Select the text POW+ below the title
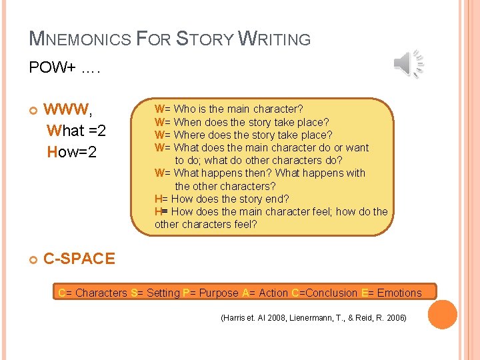pos(53,68)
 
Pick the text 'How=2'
pos(72,153)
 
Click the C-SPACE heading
pos(79,259)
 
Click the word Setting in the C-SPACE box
pos(163,293)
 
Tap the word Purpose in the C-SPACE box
pos(219,293)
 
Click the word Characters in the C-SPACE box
pos(101,293)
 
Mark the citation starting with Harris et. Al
pos(313,318)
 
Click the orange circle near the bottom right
pos(442,315)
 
